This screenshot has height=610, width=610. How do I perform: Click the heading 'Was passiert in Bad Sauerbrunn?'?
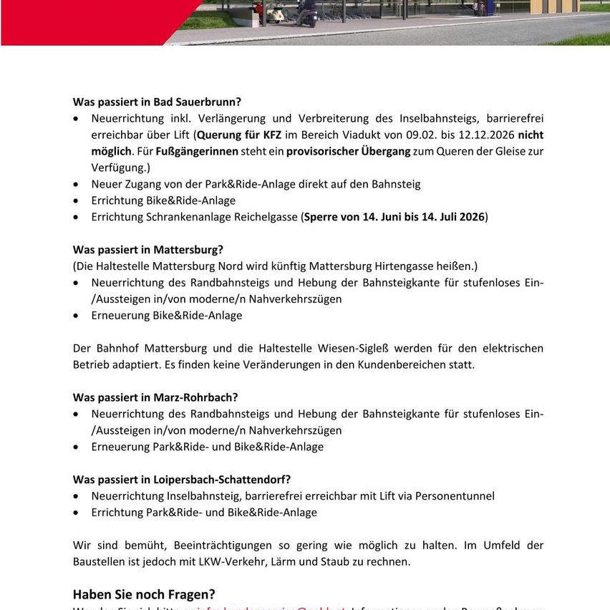click(157, 102)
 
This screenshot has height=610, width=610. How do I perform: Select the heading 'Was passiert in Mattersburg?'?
click(147, 250)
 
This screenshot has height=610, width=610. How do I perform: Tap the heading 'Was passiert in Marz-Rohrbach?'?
click(155, 397)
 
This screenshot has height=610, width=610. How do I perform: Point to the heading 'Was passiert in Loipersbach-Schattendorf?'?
click(182, 480)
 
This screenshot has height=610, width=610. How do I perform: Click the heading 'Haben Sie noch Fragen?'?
click(144, 594)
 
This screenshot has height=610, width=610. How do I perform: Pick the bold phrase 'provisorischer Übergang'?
click(349, 151)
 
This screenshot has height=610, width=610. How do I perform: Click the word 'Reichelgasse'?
click(263, 217)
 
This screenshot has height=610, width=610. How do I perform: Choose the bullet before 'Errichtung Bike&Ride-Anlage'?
click(77, 200)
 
